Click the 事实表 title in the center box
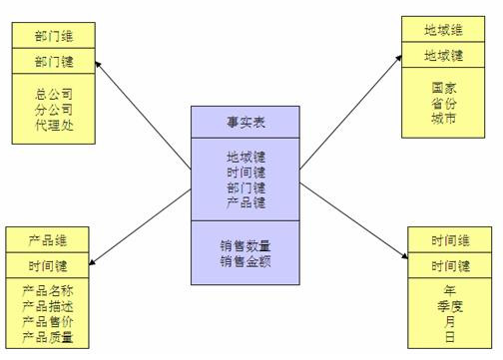246,122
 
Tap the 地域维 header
443,30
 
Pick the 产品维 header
48,241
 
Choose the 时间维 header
451,240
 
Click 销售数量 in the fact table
246,244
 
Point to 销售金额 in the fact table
246,261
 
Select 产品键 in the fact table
246,202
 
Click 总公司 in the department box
54,94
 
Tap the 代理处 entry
54,126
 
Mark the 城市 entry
443,119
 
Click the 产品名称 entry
48,290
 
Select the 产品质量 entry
48,336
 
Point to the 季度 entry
451,306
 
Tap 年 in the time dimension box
451,290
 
